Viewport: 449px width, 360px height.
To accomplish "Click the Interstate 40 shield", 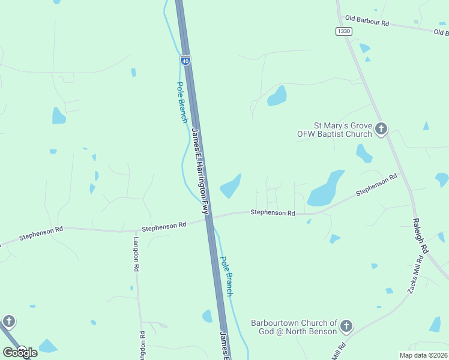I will coord(185,60).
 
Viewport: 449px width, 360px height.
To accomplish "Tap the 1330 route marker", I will coord(343,31).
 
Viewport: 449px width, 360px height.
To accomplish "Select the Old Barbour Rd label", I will coord(367,23).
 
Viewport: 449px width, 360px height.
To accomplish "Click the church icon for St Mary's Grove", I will coord(381,128).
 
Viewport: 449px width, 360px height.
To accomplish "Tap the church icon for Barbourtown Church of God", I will coord(346,326).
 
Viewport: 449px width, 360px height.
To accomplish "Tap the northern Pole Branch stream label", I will coord(181,102).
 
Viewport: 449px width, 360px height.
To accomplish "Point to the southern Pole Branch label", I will coord(226,276).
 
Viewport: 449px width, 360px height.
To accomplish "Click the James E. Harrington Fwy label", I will coord(200,171).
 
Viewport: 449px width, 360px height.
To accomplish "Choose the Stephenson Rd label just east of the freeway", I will coord(273,212).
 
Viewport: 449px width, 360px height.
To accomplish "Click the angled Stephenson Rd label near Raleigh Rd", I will coord(376,185).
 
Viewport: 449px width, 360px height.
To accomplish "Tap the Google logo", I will coord(19,352).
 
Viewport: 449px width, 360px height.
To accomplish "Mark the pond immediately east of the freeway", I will coord(231,187).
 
